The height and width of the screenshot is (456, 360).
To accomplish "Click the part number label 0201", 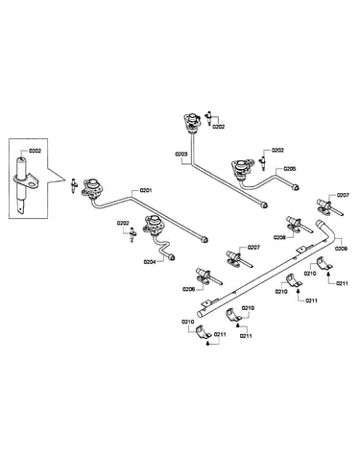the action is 146,190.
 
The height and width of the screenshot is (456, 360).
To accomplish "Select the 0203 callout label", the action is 180,154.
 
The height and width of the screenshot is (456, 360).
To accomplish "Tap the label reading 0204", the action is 150,262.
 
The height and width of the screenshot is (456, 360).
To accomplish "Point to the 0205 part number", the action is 290,169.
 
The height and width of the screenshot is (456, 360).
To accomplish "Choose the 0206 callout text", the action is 188,289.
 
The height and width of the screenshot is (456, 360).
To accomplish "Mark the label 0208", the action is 279,237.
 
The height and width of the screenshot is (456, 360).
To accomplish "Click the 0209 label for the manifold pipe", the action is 341,249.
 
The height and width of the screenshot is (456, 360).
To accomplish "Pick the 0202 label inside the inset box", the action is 36,151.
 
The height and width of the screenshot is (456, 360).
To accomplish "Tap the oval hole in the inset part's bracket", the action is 33,183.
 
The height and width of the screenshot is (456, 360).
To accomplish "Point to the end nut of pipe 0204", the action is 172,256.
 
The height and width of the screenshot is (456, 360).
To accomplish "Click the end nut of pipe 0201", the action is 204,239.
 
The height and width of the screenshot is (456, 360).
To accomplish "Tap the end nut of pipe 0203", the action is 264,204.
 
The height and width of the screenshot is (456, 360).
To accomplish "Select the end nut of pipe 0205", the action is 296,187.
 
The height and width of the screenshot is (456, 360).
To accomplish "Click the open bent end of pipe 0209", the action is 320,223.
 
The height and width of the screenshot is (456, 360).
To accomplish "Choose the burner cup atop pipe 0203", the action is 192,122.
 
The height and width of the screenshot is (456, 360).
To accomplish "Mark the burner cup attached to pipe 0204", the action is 152,225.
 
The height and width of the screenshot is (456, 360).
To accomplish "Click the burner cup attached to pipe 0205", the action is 242,170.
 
